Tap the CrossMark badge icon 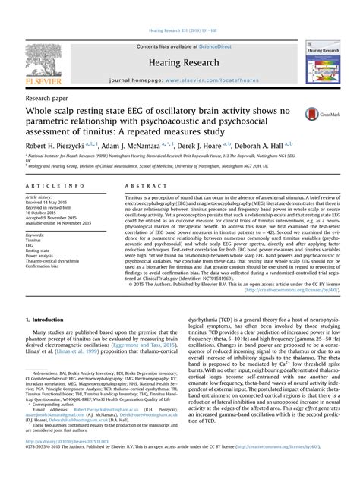[315, 115]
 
